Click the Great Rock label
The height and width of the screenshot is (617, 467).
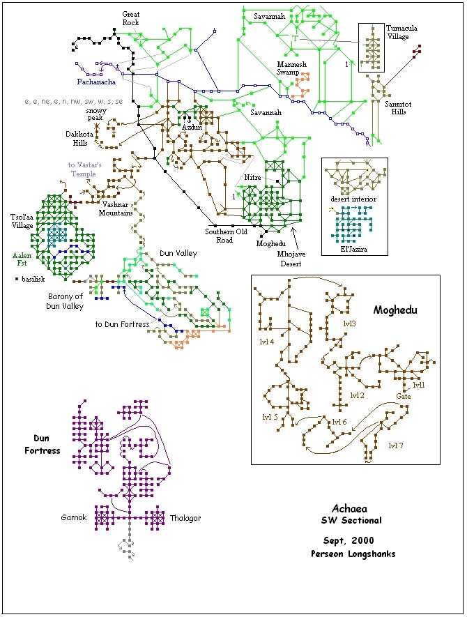tap(130, 19)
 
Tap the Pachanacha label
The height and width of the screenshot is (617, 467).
tap(96, 82)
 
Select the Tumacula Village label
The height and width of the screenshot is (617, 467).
tap(401, 32)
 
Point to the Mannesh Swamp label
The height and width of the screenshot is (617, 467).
tap(291, 68)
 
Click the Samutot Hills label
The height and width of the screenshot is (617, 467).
tap(398, 108)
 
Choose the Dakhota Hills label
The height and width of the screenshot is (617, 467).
tap(79, 139)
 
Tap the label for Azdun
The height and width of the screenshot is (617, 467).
tap(192, 128)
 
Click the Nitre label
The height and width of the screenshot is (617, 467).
tap(252, 178)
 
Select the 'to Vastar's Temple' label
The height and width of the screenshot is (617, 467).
tap(84, 169)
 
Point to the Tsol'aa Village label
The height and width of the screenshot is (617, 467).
tap(22, 221)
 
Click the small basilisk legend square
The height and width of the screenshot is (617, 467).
tap(17, 279)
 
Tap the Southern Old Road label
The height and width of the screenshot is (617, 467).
tap(227, 236)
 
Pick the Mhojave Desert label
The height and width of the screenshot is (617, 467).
tap(291, 259)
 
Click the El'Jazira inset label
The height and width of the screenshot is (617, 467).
tap(353, 249)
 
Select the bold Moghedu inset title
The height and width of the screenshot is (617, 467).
tap(395, 310)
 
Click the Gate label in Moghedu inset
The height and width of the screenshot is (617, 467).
tap(404, 396)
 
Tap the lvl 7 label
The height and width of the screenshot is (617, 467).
tap(396, 445)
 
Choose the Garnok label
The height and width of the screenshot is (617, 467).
tap(74, 517)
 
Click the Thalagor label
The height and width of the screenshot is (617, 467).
tap(185, 518)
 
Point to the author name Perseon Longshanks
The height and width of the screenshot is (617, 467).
tap(353, 554)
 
